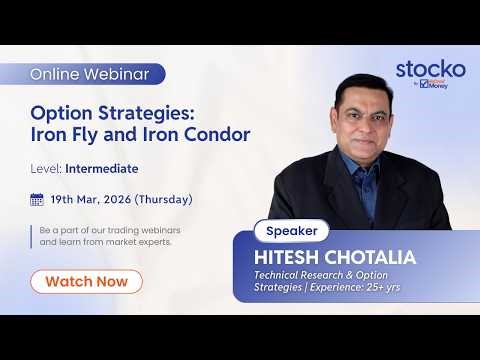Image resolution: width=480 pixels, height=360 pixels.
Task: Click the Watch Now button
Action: click(86, 281)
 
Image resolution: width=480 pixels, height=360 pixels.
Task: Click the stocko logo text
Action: click(430, 69)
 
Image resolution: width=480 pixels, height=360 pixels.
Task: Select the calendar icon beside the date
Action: click(37, 199)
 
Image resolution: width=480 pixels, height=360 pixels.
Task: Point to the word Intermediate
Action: click(104, 169)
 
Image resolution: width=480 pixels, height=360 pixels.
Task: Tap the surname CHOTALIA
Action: click(369, 257)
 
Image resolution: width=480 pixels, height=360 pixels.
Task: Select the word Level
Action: click(46, 169)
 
